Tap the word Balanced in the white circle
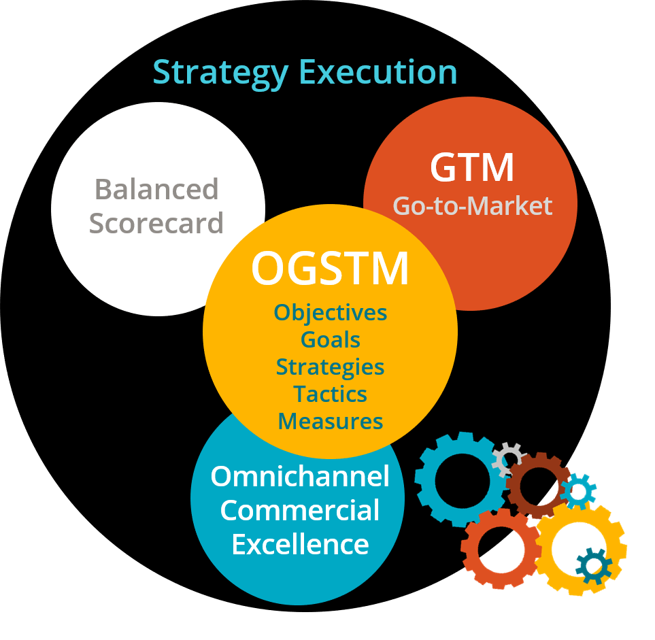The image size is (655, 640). [156, 190]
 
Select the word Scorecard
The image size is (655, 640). [156, 223]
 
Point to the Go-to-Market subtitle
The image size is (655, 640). [472, 205]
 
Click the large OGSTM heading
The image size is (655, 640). [330, 269]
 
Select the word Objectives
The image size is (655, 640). [331, 313]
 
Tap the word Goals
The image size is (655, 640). [331, 339]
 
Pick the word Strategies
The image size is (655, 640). [331, 367]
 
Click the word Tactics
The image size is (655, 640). [331, 394]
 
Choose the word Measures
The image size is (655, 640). [331, 422]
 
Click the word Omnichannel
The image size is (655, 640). [300, 477]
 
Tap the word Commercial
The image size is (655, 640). [300, 511]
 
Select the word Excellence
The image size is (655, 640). [300, 545]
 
